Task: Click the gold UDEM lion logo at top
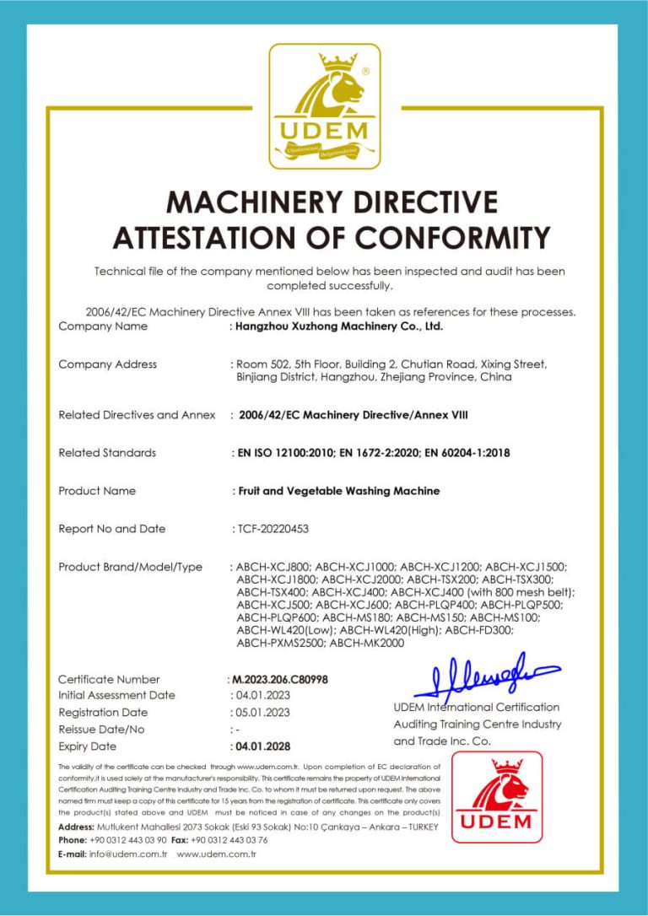click(324, 106)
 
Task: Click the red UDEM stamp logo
click(496, 797)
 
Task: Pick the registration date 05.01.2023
click(262, 713)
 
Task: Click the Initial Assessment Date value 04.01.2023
click(262, 696)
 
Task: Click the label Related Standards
click(107, 453)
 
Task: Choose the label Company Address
click(107, 364)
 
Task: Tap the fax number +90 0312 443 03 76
click(229, 841)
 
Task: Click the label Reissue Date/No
click(101, 730)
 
